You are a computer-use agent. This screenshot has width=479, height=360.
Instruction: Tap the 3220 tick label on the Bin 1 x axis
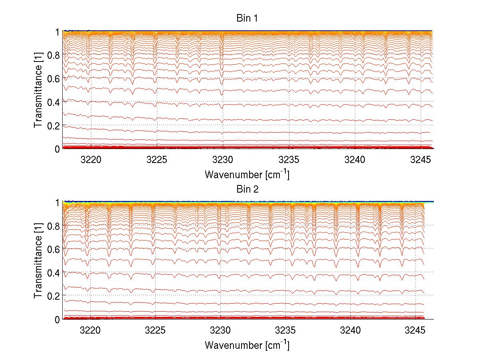pos(91,159)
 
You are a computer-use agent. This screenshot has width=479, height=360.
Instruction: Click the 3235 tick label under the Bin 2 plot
pos(285,330)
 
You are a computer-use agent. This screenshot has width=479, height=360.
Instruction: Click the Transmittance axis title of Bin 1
pos(38,90)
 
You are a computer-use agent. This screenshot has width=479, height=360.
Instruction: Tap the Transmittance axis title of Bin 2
pos(38,261)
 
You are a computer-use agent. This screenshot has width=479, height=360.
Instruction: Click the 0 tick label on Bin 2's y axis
pos(57,319)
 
